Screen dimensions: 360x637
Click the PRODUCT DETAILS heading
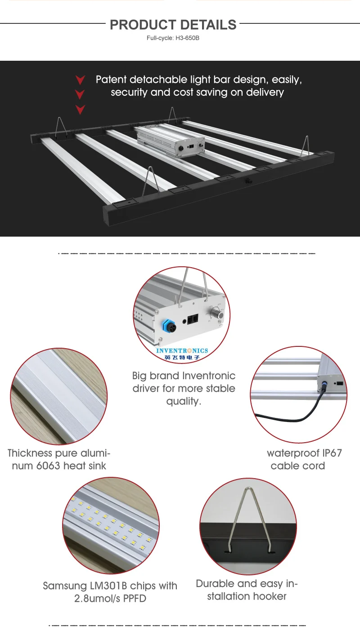point(173,25)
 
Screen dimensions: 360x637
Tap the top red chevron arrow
point(80,80)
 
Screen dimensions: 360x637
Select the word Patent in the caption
point(111,80)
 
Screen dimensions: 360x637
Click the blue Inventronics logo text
point(182,350)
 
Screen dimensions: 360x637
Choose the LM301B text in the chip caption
point(112,586)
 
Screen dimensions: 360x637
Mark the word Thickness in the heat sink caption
point(31,453)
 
